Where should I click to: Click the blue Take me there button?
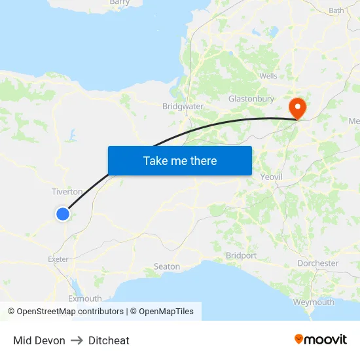coord(180,160)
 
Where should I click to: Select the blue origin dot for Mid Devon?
coord(63,213)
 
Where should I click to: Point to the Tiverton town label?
coord(67,192)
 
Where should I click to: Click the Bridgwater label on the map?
coord(183,106)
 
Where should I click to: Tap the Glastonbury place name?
coord(251,99)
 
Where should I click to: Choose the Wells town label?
coord(268,76)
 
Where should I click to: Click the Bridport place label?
coord(241,255)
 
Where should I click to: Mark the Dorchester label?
coord(317,263)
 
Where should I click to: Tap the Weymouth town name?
coord(314,302)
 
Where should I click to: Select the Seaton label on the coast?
coord(166,266)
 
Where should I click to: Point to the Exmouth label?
coord(85,298)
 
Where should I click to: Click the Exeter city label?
coord(58,259)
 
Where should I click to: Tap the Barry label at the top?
coord(120,3)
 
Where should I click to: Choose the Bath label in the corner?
coord(336,10)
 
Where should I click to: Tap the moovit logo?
coord(321,340)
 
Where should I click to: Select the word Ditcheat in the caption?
coord(109,340)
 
